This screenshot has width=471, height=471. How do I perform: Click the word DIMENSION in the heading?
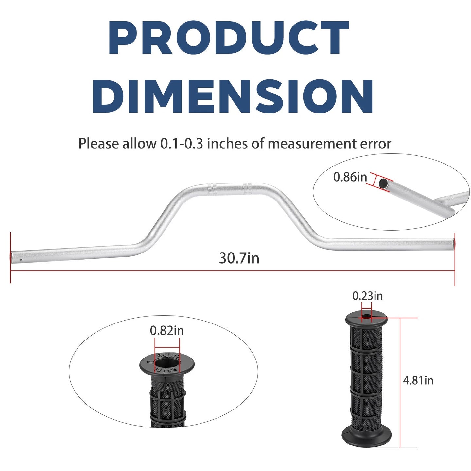[x=233, y=96]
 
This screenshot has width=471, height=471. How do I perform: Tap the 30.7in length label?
[x=239, y=258]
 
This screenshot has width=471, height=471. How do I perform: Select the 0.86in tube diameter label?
[x=350, y=177]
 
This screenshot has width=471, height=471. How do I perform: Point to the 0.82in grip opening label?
[x=167, y=331]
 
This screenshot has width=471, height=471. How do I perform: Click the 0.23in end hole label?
[x=367, y=296]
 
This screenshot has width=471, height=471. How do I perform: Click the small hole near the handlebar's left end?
[x=21, y=260]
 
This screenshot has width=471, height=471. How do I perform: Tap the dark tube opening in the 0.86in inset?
[x=383, y=183]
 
